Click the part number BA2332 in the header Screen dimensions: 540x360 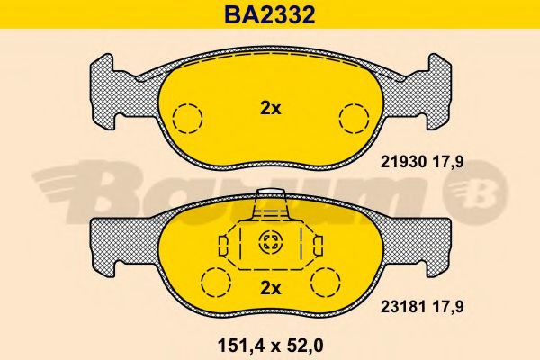tap(270, 14)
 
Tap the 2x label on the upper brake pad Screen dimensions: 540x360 tap(270, 109)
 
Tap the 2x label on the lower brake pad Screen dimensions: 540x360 tap(270, 288)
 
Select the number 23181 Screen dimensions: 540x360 tap(403, 306)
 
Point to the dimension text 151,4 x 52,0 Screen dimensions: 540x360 tap(271, 346)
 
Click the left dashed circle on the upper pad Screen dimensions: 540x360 tap(187, 118)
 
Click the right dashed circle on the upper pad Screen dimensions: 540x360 tap(354, 118)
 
